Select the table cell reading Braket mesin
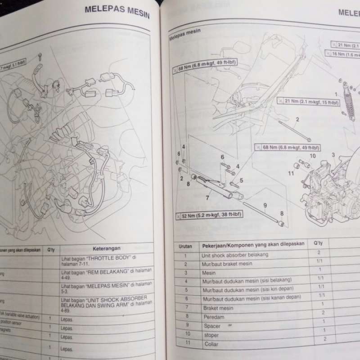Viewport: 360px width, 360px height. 218,308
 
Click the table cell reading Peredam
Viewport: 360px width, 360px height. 214,317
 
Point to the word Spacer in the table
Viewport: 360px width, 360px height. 212,326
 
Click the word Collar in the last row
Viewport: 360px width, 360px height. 211,344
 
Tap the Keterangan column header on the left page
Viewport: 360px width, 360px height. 107,248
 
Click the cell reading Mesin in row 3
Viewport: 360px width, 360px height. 209,273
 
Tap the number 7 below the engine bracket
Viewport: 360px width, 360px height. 207,197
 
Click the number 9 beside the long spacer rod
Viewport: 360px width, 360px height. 265,206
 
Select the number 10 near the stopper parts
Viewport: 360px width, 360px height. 312,156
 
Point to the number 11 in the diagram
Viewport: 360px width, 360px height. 291,173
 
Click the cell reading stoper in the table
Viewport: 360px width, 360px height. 211,335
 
